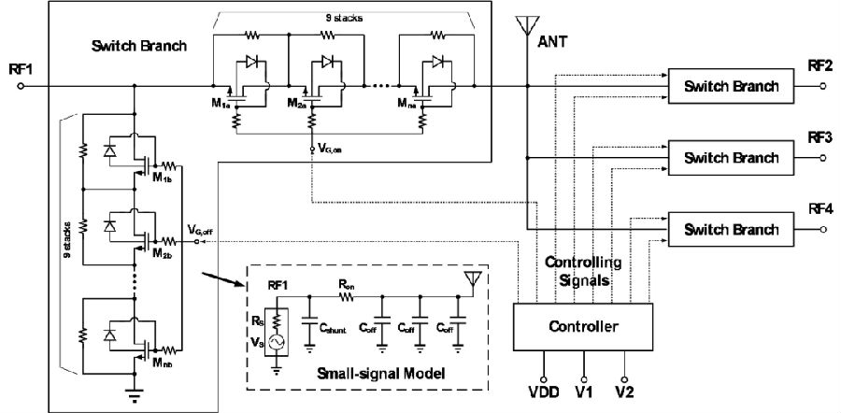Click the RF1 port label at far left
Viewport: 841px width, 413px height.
coord(20,69)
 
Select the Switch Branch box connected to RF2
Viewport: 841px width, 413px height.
coord(732,86)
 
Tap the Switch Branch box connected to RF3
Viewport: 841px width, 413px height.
coord(732,158)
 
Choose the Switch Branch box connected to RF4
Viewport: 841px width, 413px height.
coord(732,229)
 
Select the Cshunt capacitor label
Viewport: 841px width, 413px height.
coord(335,330)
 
